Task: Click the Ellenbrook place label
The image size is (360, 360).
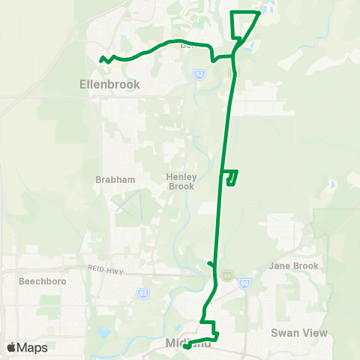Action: click(109, 85)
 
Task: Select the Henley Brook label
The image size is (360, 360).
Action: click(181, 181)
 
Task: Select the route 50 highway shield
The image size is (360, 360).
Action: click(244, 283)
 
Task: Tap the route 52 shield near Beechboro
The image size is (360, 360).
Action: click(143, 292)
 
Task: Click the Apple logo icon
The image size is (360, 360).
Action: click(11, 347)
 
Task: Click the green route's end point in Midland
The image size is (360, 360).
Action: click(186, 346)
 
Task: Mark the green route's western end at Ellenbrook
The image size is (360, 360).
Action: click(100, 58)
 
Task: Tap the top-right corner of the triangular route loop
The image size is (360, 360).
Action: click(258, 13)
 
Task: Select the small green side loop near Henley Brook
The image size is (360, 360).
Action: click(232, 177)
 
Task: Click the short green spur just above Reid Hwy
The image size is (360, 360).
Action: click(211, 262)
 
